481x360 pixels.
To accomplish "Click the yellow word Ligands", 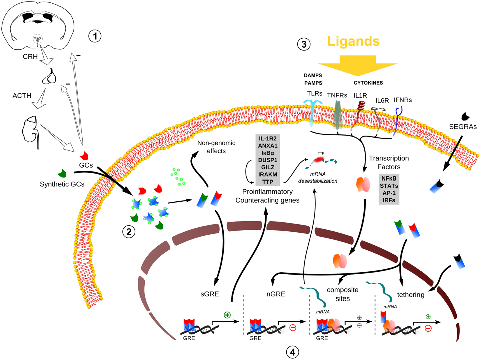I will [x=353, y=41].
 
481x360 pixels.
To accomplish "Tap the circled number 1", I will [x=95, y=36].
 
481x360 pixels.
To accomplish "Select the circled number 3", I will [x=304, y=44].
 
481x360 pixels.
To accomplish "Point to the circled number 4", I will [x=292, y=352].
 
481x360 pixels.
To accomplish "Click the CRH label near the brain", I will [x=30, y=57].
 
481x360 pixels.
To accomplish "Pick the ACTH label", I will [x=22, y=96].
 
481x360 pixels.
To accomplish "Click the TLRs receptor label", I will [x=315, y=93].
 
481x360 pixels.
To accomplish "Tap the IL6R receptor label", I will [x=382, y=101].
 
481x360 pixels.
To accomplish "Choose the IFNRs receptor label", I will [x=403, y=100].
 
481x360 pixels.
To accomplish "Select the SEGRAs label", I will [x=463, y=127].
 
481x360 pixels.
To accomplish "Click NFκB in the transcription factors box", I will [x=389, y=178].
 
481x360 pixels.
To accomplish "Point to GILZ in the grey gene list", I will [x=268, y=167].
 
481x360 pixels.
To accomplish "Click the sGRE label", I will [x=210, y=294].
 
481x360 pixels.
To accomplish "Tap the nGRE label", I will [x=276, y=294].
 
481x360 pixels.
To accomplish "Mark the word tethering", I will [x=410, y=295].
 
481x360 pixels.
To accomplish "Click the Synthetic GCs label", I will [x=62, y=184].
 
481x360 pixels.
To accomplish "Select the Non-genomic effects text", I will [x=216, y=147].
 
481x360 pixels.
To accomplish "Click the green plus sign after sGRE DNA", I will [x=227, y=315].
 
